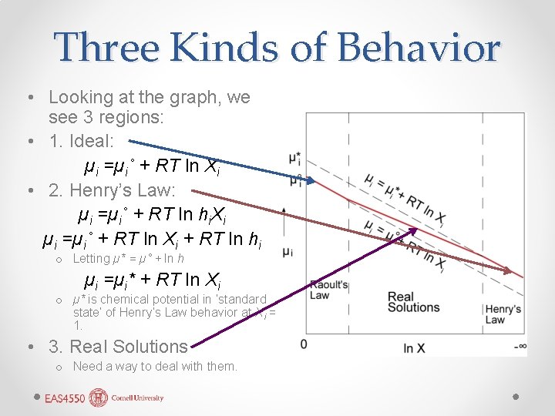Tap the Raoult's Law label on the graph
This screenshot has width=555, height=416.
click(x=329, y=290)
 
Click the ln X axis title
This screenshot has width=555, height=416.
click(x=414, y=348)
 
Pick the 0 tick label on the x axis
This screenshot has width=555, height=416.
click(x=304, y=344)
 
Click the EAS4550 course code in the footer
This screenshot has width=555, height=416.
click(x=64, y=398)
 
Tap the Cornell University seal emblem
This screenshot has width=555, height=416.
click(x=99, y=398)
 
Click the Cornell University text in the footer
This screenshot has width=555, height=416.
click(x=138, y=398)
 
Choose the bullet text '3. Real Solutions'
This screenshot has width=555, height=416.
click(x=118, y=347)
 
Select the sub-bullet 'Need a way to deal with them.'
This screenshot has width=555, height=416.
click(x=155, y=367)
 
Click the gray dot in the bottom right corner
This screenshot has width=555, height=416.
click(x=515, y=396)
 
